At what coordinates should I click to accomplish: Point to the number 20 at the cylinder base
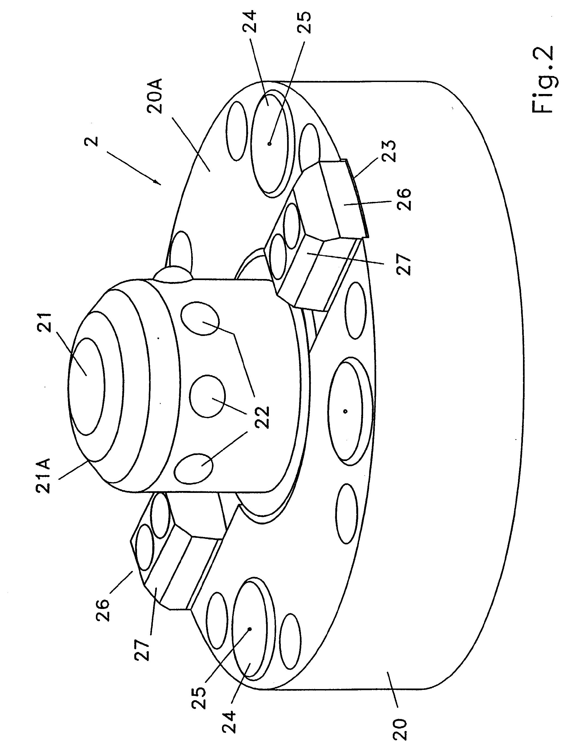tap(399, 726)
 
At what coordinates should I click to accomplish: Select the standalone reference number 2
tap(93, 141)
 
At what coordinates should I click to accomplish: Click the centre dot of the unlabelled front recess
tap(345, 411)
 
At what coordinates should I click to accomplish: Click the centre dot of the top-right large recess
tap(269, 144)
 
